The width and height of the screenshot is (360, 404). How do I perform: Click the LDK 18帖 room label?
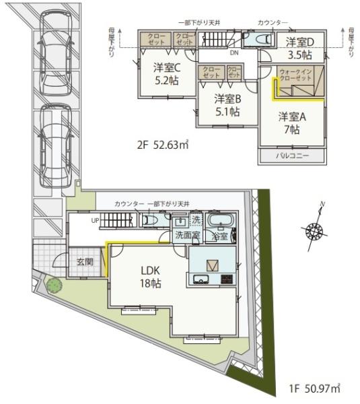150,276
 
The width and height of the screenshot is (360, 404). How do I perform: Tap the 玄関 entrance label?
84,261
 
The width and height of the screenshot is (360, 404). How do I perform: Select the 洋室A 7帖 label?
292,122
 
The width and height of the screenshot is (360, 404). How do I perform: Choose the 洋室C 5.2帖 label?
166,73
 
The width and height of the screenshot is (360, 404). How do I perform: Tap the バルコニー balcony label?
292,156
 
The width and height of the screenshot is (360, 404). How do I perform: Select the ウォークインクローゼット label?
295,76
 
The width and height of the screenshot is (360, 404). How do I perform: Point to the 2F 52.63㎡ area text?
162,145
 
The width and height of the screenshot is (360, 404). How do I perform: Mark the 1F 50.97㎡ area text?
315,389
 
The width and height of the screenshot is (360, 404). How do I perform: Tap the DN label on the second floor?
233,52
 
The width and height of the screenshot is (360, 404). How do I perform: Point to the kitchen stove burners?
227,279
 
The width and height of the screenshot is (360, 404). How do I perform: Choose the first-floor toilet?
151,220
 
